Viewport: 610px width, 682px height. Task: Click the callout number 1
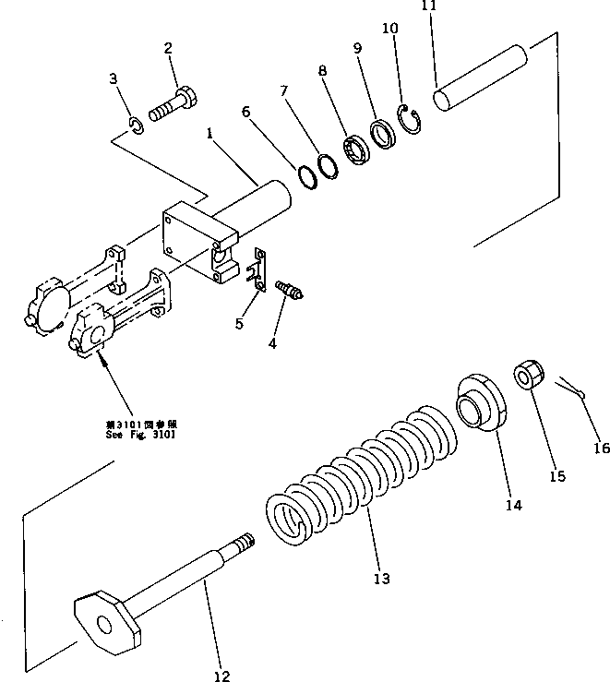click(211, 134)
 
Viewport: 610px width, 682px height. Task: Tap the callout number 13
click(381, 579)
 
